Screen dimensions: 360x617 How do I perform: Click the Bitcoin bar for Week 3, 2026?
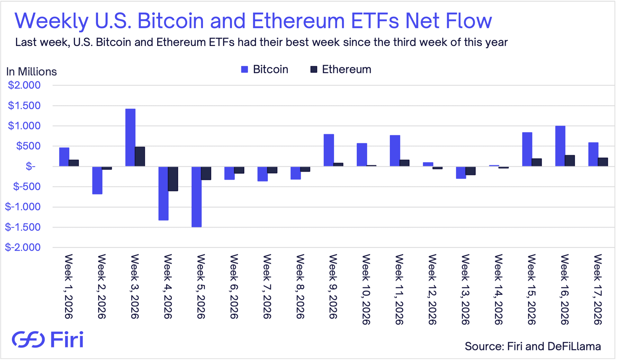pos(130,138)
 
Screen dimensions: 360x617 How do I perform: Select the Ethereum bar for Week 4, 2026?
pos(173,179)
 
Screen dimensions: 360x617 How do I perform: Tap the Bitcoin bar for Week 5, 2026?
pos(196,197)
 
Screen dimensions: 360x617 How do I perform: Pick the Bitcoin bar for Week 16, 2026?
pos(560,146)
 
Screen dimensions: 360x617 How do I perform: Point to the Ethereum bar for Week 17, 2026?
pos(603,162)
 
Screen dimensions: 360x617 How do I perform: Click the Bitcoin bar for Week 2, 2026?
pos(97,180)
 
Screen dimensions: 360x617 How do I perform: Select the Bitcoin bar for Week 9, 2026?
pos(328,150)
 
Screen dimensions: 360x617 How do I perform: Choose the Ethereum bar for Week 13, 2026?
pos(470,171)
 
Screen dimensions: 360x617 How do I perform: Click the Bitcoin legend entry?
pos(264,69)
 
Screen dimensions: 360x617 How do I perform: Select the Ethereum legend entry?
pos(341,69)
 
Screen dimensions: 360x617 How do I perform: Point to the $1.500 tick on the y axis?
pos(24,105)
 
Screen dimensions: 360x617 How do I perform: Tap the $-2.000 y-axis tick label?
pos(23,247)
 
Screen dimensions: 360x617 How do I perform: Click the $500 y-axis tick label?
pos(28,146)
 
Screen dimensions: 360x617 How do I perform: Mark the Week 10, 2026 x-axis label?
pos(366,289)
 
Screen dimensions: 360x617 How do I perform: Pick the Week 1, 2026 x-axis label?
pos(68,286)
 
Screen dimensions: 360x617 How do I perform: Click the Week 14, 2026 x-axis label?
pos(498,289)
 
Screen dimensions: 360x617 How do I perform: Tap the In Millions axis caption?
pos(31,72)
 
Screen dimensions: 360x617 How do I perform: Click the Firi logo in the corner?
pos(48,339)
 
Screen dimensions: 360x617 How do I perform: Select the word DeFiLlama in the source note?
pos(574,346)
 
